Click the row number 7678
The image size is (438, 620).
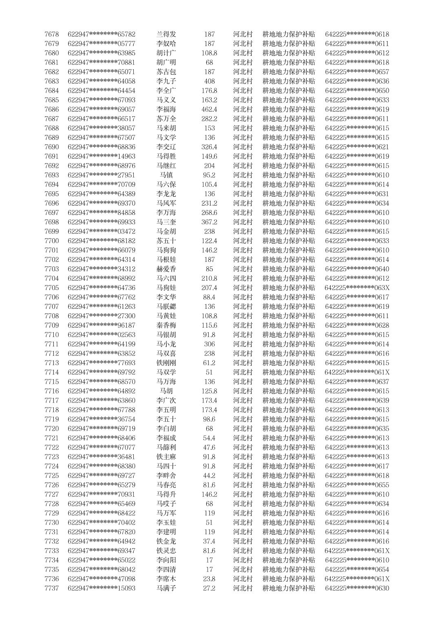pyautogui.click(x=51, y=34)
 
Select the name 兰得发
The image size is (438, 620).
pyautogui.click(x=166, y=34)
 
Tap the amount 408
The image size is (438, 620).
pyautogui.click(x=209, y=81)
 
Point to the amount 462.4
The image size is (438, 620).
pyautogui.click(x=209, y=109)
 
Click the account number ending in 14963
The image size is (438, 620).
pyautogui.click(x=102, y=156)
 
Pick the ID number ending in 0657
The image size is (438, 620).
pyautogui.click(x=357, y=72)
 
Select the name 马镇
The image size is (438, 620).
pyautogui.click(x=166, y=175)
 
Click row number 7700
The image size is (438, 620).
pyautogui.click(x=51, y=241)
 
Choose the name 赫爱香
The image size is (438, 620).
pyautogui.click(x=166, y=269)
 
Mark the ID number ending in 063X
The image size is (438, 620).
pyautogui.click(x=357, y=288)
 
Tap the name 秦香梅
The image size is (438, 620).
pyautogui.click(x=166, y=325)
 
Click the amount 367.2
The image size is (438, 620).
pyautogui.click(x=209, y=222)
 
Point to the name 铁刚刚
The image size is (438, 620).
pyautogui.click(x=166, y=363)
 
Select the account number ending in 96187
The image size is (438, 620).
pyautogui.click(x=102, y=325)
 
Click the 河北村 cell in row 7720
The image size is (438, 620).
pyautogui.click(x=243, y=428)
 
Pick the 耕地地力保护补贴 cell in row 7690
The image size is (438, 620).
pyautogui.click(x=289, y=147)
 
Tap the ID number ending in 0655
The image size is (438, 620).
pyautogui.click(x=357, y=485)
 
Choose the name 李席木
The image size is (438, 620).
pyautogui.click(x=166, y=578)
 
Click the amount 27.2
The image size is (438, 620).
pyautogui.click(x=209, y=588)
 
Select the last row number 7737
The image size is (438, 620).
pyautogui.click(x=51, y=588)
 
